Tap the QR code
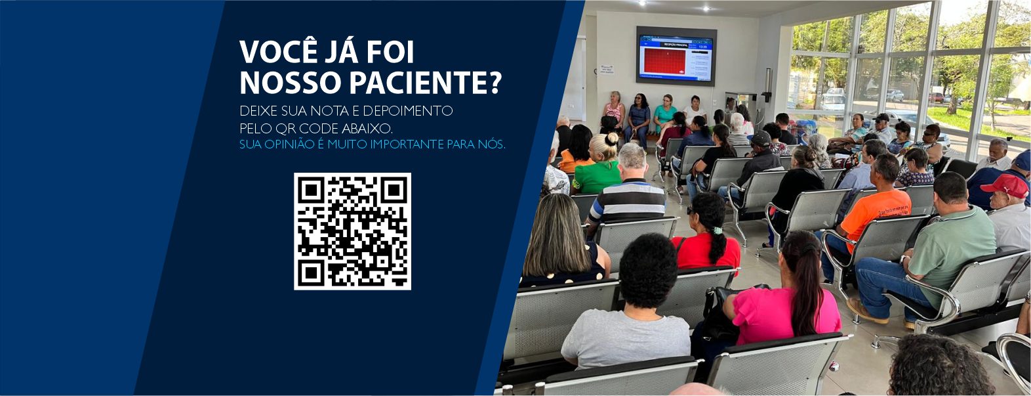[x=352, y=231]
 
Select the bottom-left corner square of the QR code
[x=311, y=272]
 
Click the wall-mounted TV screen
[x=676, y=56]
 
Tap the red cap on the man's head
[x=1005, y=185]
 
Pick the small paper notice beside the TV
[x=606, y=70]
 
